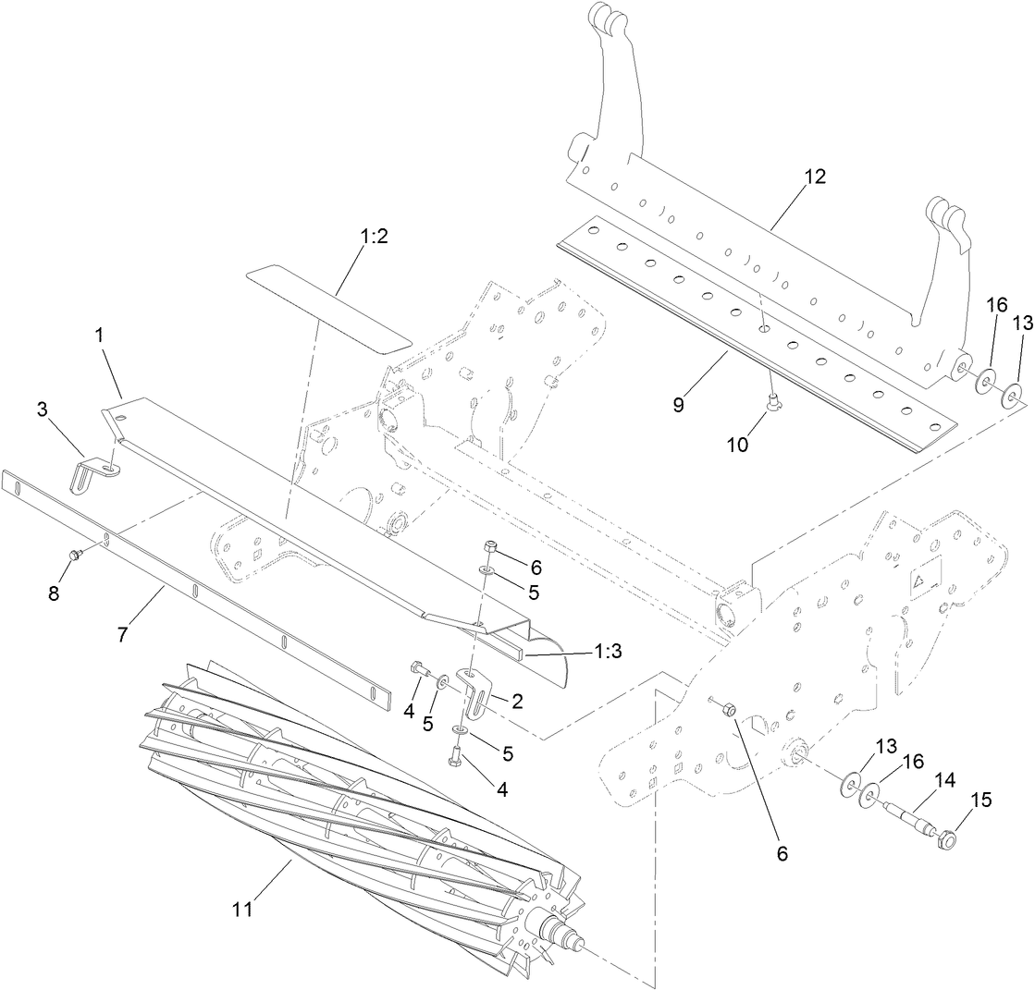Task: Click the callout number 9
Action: point(679,404)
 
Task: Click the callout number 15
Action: point(981,799)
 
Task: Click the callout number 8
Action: point(54,593)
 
